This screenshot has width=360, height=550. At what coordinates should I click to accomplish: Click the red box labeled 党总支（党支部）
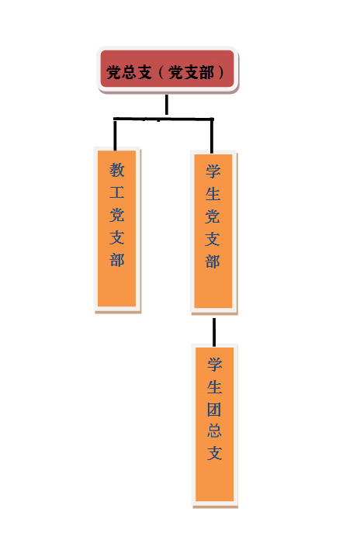pos(168,69)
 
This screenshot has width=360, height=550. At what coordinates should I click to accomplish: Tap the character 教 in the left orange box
pos(117,170)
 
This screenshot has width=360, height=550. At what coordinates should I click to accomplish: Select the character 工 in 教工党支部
pos(117,192)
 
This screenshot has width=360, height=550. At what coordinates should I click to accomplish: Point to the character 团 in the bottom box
pos(214,409)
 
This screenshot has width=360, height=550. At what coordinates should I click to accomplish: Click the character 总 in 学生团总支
pos(214,431)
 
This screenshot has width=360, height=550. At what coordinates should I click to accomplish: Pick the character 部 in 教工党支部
pos(117,260)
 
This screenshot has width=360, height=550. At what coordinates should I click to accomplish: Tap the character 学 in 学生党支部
pos(213,171)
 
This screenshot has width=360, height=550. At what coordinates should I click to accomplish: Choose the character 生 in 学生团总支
pos(214,387)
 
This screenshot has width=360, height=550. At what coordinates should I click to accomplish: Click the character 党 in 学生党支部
pos(213,216)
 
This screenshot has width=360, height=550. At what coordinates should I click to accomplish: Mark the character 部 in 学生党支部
pos(213,261)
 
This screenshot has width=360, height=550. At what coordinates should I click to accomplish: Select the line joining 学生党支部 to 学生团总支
pos(214,331)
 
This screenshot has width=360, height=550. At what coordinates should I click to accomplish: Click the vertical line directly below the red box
pos(166,105)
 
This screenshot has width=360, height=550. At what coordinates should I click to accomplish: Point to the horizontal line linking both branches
pos(163,119)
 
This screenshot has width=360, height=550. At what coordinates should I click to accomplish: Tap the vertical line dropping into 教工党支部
pos(115,135)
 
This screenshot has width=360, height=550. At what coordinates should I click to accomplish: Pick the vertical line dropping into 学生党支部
pos(212,136)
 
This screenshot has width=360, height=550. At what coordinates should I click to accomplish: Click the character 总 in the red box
pos(129,72)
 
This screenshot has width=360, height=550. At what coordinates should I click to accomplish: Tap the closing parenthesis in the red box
pos(221,72)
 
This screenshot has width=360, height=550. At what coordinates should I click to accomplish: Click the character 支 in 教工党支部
pos(117,237)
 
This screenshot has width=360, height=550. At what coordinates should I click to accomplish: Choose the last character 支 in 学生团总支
pos(214,453)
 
